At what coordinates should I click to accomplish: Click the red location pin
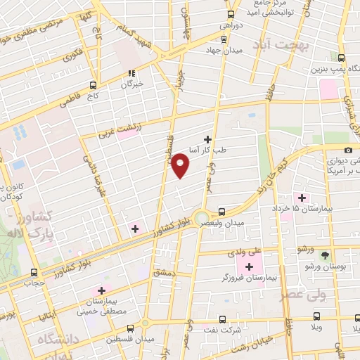[181, 165]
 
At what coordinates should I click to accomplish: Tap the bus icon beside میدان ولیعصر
[222, 211]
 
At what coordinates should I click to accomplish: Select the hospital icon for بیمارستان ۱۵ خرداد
[303, 197]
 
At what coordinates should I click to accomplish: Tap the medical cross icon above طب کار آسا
[207, 139]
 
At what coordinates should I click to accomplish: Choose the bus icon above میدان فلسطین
[130, 328]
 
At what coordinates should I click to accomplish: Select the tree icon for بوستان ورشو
[325, 256]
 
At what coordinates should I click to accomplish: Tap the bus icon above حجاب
[34, 273]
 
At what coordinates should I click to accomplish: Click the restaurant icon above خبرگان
[131, 72]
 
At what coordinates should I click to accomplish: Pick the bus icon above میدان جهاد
[231, 14]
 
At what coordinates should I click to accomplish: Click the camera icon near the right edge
[349, 150]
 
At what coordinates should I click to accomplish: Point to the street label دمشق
[163, 271]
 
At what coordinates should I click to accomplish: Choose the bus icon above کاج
[93, 86]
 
